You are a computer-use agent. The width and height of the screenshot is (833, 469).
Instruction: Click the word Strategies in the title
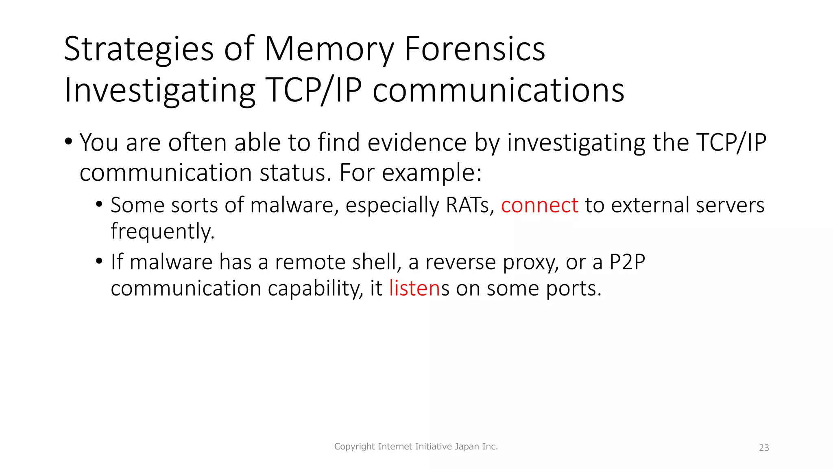pos(138,50)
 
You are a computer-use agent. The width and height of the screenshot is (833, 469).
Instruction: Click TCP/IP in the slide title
pos(314,90)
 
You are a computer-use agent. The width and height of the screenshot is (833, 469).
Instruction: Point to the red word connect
pos(539,205)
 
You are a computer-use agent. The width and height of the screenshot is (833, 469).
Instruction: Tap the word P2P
pos(627,262)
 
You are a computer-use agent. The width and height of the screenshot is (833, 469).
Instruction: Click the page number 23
pos(764,448)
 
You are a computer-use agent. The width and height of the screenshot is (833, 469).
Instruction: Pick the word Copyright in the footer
pos(354,447)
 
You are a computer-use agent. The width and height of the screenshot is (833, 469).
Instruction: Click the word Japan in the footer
pos(467,447)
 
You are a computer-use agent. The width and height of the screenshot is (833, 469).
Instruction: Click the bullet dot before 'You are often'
pos(68,142)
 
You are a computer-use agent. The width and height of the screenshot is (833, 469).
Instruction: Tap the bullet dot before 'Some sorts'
pos(99,204)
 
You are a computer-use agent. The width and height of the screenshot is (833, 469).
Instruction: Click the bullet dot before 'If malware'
pos(99,261)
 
